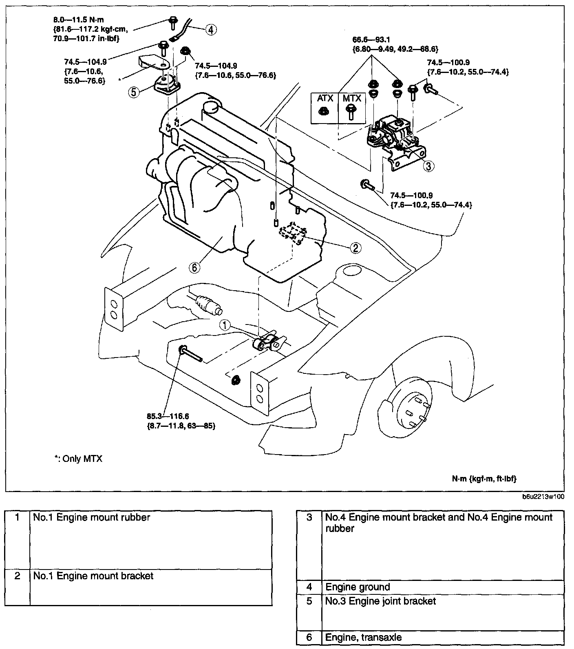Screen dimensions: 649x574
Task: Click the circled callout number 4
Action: [210, 29]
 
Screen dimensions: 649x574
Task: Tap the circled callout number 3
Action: [428, 166]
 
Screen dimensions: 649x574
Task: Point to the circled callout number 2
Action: [355, 247]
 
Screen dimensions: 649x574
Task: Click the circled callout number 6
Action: [194, 267]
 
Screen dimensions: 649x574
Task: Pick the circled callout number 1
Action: [225, 325]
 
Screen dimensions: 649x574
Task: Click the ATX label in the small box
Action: [325, 98]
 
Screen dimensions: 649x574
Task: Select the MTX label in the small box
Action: [352, 98]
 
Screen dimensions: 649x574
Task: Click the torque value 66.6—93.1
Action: [371, 40]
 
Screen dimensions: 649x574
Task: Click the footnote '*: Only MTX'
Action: [78, 459]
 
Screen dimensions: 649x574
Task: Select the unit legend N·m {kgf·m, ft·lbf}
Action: [484, 479]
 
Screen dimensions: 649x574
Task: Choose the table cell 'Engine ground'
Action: [358, 587]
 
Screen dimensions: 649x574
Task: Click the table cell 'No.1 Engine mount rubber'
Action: [92, 517]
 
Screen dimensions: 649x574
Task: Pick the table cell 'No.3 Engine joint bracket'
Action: [380, 601]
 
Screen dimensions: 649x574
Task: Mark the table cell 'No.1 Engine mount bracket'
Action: [93, 576]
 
